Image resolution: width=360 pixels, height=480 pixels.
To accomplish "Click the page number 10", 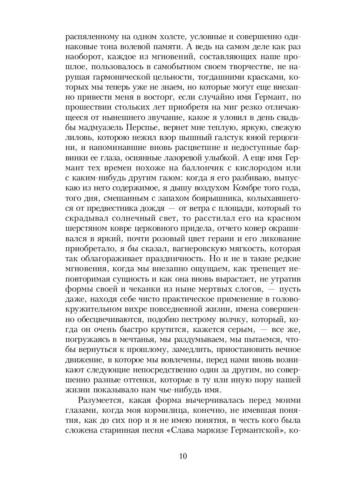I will (181, 456).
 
